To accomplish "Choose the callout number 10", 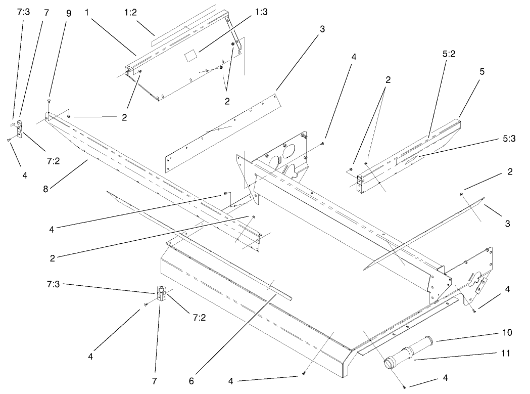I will pos(507,332).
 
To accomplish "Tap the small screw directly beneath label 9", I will pos(49,102).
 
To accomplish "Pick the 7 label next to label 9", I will pos(46,12).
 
